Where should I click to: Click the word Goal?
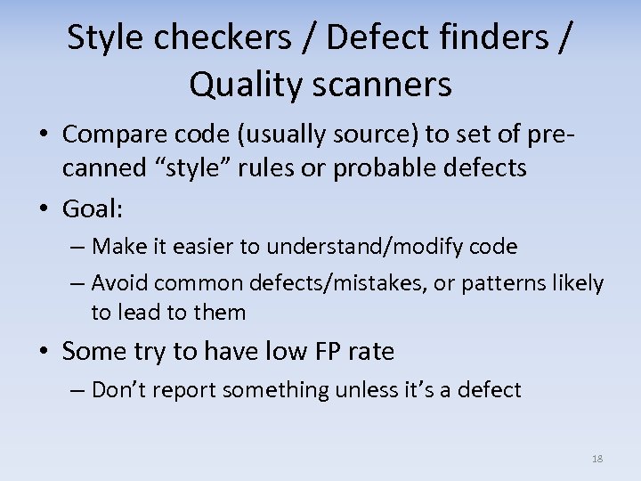93,208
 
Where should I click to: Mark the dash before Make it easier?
79,246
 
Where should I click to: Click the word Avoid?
120,283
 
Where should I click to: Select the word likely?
579,283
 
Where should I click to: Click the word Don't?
121,390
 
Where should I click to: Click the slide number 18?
596,459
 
